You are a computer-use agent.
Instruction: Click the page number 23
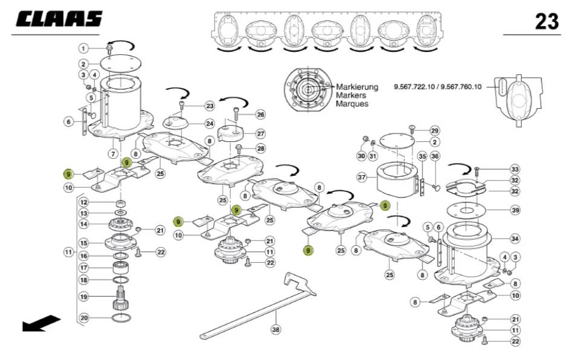pyautogui.click(x=547, y=22)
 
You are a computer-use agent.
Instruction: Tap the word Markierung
pyautogui.click(x=357, y=86)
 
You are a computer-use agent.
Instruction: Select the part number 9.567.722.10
pyautogui.click(x=416, y=87)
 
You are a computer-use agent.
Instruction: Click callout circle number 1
pyautogui.click(x=84, y=48)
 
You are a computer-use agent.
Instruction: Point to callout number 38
pyautogui.click(x=276, y=330)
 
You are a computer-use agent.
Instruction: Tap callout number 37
pyautogui.click(x=362, y=178)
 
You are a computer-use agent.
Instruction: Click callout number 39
pyautogui.click(x=515, y=210)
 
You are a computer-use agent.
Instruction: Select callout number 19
pyautogui.click(x=84, y=297)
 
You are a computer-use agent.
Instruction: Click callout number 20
pyautogui.click(x=84, y=317)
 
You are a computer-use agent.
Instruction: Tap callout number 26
pyautogui.click(x=260, y=114)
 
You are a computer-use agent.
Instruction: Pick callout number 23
pyautogui.click(x=210, y=106)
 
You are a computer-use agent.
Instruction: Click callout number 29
pyautogui.click(x=434, y=131)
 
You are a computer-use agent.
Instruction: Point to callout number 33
pyautogui.click(x=515, y=169)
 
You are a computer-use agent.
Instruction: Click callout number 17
pyautogui.click(x=84, y=268)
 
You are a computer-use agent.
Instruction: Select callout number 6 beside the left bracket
pyautogui.click(x=69, y=121)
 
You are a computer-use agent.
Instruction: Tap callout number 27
pyautogui.click(x=260, y=133)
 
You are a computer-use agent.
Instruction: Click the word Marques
pyautogui.click(x=352, y=103)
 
